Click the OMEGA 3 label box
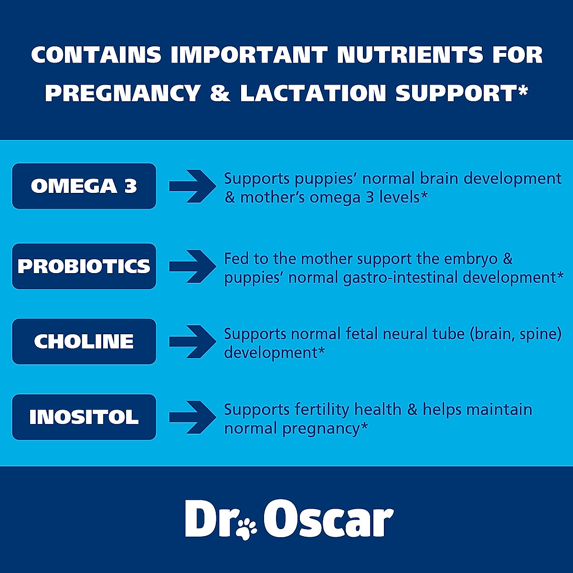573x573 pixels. pos(84,186)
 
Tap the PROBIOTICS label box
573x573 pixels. pos(84,266)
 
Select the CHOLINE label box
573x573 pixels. pos(84,341)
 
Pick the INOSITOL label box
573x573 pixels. pos(84,417)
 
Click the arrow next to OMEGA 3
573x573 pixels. pos(192,186)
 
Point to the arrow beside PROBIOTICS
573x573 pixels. pos(192,266)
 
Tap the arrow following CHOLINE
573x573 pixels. pos(192,341)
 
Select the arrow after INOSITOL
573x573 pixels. pos(192,417)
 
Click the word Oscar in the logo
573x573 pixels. pos(328,520)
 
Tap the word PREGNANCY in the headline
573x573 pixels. pos(123,93)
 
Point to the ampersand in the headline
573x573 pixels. pos(220,93)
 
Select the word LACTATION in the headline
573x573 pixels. pos(313,93)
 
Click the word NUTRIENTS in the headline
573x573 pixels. pos(410,55)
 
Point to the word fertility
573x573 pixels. pos(322,410)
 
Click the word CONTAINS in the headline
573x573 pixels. pos(96,55)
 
